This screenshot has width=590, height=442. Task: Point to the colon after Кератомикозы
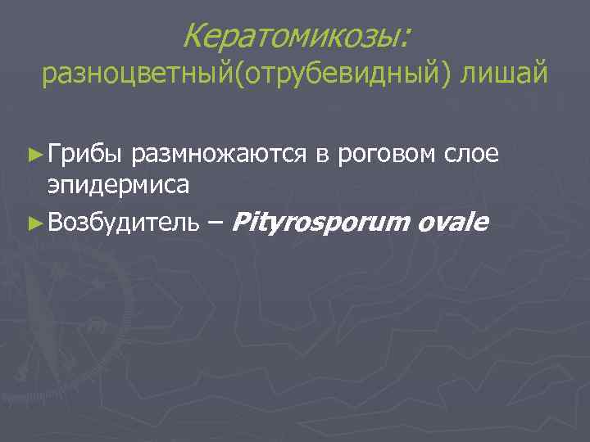tap(407, 38)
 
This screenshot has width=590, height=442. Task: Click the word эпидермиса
tap(119, 184)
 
